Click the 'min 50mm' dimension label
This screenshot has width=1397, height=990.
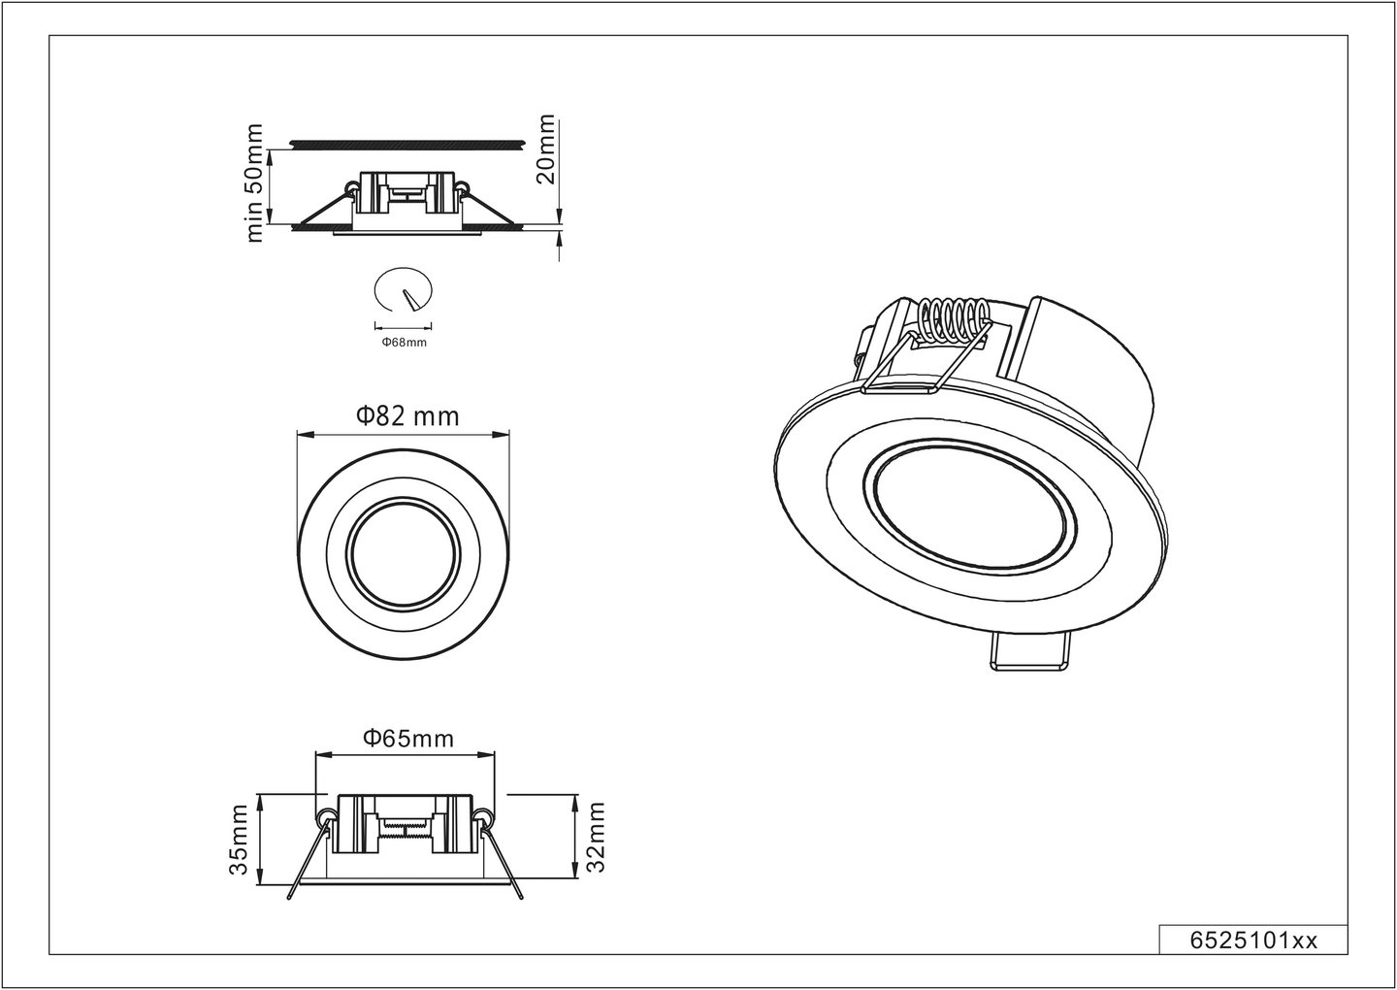(255, 182)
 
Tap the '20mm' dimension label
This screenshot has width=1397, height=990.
(546, 149)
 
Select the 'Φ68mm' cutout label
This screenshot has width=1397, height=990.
(404, 342)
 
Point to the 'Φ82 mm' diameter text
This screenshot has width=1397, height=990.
(406, 416)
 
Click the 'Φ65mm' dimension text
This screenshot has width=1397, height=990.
(408, 738)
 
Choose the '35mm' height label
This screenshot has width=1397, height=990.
(239, 840)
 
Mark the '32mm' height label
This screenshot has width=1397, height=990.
(596, 837)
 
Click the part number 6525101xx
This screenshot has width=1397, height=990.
(1252, 940)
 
